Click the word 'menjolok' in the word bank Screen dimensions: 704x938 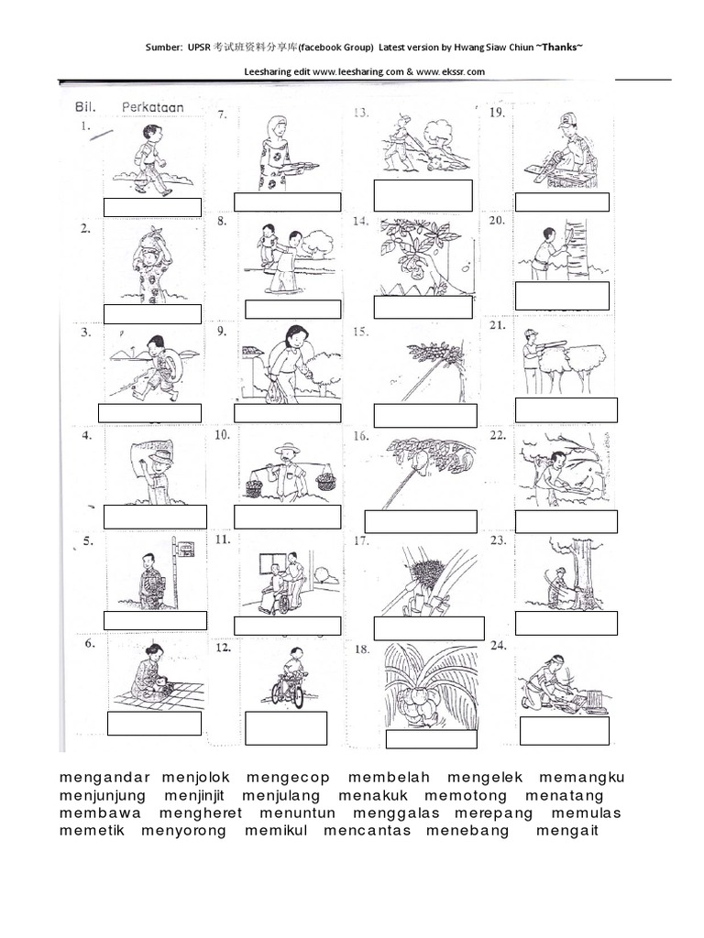pyautogui.click(x=196, y=778)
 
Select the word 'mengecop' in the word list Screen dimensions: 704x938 pyautogui.click(x=288, y=779)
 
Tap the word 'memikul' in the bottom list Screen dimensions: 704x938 pyautogui.click(x=276, y=830)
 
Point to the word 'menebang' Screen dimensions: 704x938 pyautogui.click(x=467, y=831)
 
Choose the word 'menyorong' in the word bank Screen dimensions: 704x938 pyautogui.click(x=183, y=831)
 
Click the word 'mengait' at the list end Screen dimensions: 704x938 pyautogui.click(x=567, y=831)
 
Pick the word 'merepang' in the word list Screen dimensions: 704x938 pyautogui.click(x=493, y=813)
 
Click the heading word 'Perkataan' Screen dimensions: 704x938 pyautogui.click(x=153, y=108)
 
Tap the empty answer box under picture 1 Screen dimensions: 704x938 pyautogui.click(x=152, y=208)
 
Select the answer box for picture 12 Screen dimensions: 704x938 pyautogui.click(x=286, y=728)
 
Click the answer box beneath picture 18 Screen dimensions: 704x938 pyautogui.click(x=432, y=739)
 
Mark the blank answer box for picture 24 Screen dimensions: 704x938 pyautogui.click(x=565, y=730)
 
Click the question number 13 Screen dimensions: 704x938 pyautogui.click(x=361, y=113)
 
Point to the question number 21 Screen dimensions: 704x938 pyautogui.click(x=498, y=325)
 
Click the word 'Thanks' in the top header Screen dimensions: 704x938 pyautogui.click(x=560, y=47)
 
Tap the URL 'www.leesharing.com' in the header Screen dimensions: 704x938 pyautogui.click(x=358, y=71)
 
